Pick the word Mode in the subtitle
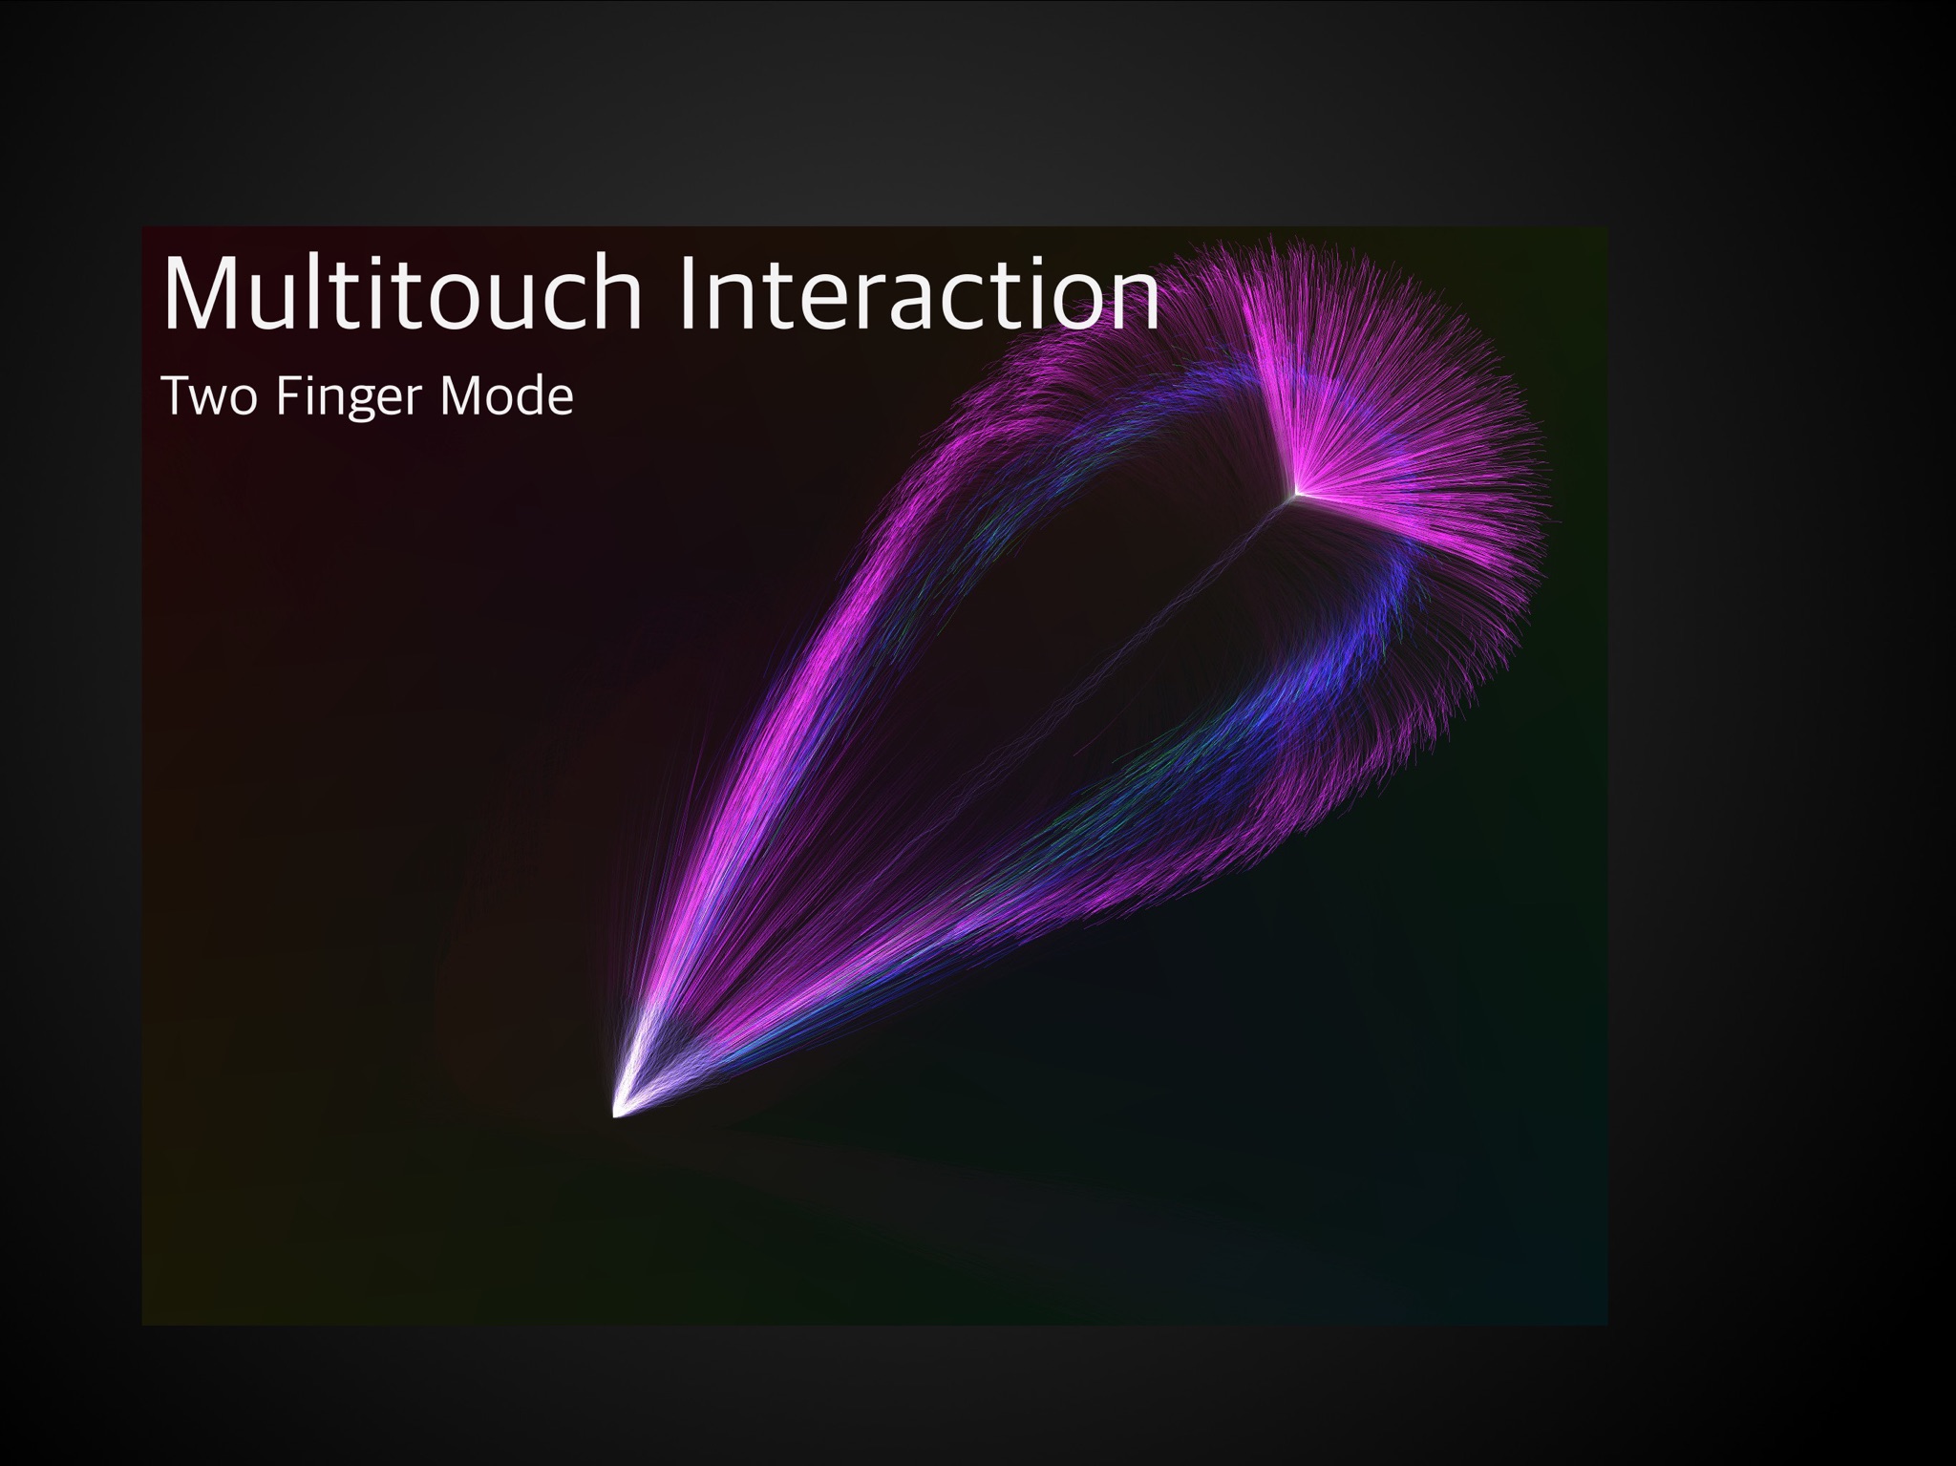click(x=505, y=396)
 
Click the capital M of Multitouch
click(x=201, y=292)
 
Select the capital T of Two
click(x=176, y=397)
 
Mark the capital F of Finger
click(x=287, y=397)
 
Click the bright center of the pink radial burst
click(x=1296, y=494)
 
